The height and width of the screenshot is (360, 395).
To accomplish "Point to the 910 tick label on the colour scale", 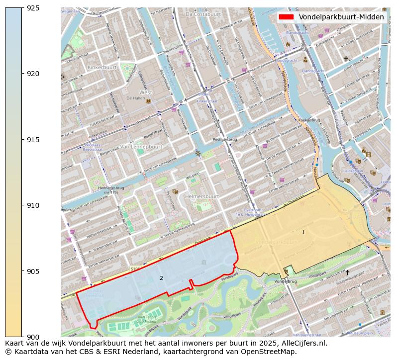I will (x=33, y=205).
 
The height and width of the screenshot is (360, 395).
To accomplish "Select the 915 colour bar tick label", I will (x=33, y=140).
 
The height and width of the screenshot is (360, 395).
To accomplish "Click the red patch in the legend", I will (x=287, y=17).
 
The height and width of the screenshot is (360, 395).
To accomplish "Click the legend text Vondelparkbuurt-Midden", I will (x=341, y=17).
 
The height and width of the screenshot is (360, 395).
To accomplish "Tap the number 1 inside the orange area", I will (x=303, y=232).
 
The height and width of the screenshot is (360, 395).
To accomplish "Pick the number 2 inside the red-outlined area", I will (x=161, y=278).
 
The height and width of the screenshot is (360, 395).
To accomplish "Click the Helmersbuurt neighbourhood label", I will (x=202, y=196).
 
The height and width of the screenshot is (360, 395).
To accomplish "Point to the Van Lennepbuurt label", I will (x=141, y=147).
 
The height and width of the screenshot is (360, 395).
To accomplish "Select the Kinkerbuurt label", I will (x=101, y=67).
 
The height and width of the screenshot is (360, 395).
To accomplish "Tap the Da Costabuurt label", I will (x=203, y=14).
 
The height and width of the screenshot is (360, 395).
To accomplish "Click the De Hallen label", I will (x=135, y=98).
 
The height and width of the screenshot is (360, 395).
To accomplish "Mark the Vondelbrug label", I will (x=285, y=281).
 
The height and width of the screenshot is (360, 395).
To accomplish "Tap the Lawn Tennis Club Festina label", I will (x=146, y=319).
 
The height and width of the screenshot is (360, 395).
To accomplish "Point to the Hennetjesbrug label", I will (x=111, y=188).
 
